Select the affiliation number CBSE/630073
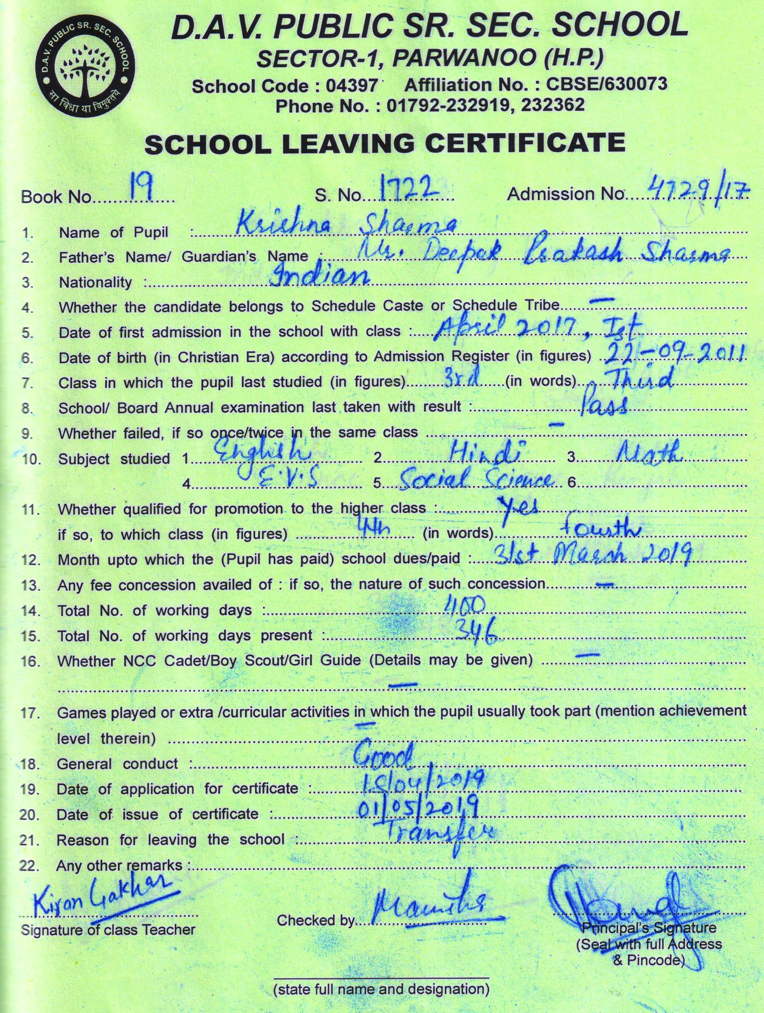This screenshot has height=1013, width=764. (607, 84)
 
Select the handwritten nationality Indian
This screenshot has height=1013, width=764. (320, 276)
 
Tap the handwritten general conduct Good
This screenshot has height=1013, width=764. (384, 758)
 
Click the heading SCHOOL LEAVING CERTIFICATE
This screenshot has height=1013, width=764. (384, 143)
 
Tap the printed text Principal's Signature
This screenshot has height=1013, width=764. (649, 928)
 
